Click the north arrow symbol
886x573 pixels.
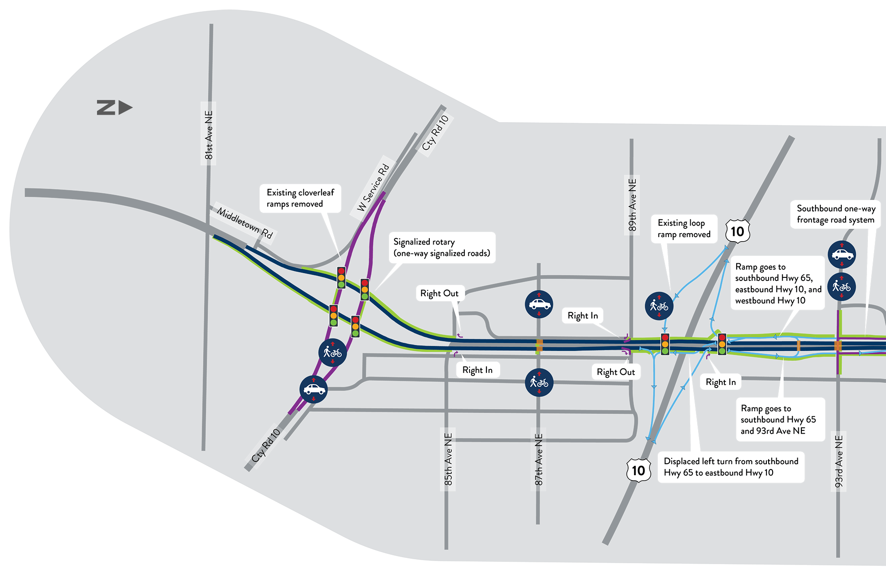click(x=114, y=108)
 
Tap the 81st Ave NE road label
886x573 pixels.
click(x=209, y=135)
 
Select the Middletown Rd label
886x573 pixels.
click(x=245, y=223)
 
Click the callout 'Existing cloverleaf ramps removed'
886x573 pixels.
click(x=300, y=198)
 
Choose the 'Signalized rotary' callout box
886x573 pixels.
click(x=442, y=247)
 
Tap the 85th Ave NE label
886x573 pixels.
click(x=448, y=459)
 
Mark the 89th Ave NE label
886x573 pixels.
click(x=632, y=204)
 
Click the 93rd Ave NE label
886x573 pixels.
click(x=839, y=461)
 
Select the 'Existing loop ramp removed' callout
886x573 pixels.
click(x=684, y=228)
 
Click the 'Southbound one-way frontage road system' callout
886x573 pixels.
click(x=835, y=214)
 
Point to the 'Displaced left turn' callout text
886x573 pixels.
click(x=731, y=467)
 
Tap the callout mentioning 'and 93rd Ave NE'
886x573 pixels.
click(x=778, y=419)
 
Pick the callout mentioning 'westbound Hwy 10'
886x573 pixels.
click(x=778, y=283)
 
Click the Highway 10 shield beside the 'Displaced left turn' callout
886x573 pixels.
click(x=638, y=470)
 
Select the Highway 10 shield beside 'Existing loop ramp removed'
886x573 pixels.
click(x=737, y=231)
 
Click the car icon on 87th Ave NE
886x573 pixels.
click(x=539, y=304)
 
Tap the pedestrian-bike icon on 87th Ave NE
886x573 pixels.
click(x=539, y=382)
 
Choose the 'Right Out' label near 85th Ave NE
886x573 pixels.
click(x=439, y=293)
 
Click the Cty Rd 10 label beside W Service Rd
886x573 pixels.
click(x=435, y=132)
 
